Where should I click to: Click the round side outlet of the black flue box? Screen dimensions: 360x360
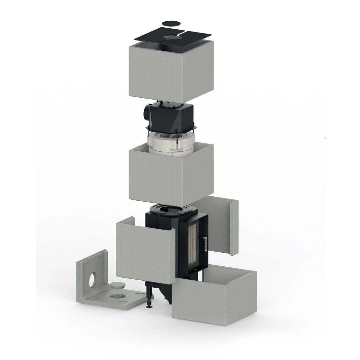coord(146,113)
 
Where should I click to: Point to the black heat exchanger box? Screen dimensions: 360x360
coord(171,117)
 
